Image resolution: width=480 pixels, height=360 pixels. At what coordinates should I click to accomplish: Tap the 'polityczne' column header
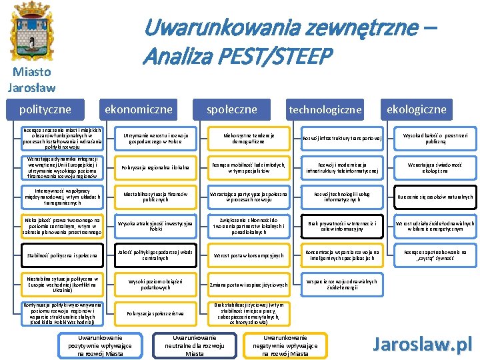tap(46, 109)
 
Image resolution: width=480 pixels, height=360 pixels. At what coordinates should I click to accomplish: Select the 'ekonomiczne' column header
tap(137, 109)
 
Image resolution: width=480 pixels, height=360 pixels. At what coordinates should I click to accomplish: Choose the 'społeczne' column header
tap(231, 109)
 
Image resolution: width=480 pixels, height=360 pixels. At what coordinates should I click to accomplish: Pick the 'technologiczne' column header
tap(325, 109)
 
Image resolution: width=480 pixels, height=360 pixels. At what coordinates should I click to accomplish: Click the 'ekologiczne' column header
tap(417, 109)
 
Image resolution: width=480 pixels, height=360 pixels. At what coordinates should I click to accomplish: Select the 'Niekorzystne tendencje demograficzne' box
tap(249, 139)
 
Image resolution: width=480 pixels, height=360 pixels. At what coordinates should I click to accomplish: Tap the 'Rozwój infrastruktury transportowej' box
tap(342, 139)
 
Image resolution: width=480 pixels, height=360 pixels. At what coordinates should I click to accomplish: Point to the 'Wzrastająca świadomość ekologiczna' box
tap(435, 167)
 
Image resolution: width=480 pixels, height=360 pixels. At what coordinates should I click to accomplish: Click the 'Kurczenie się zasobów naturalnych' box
tap(435, 197)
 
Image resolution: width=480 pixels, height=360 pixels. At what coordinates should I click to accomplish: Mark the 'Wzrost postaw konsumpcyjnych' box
tap(249, 255)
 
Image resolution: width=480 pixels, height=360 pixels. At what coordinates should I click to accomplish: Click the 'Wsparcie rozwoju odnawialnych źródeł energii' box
tap(342, 283)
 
